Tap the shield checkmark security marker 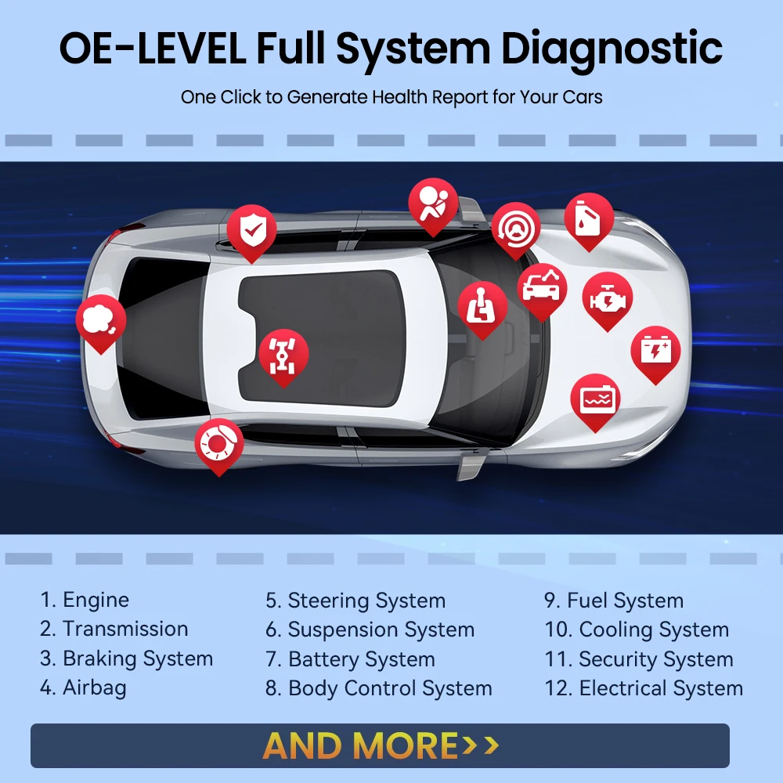[x=251, y=229]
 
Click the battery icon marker [x=655, y=349]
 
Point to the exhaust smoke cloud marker [x=100, y=319]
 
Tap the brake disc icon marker [x=219, y=442]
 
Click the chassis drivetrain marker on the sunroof [x=283, y=354]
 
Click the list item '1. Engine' [x=85, y=601]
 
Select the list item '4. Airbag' [x=83, y=688]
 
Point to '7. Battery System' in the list [x=350, y=659]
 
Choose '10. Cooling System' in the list [x=637, y=630]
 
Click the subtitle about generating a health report [x=391, y=98]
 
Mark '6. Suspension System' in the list [x=370, y=630]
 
